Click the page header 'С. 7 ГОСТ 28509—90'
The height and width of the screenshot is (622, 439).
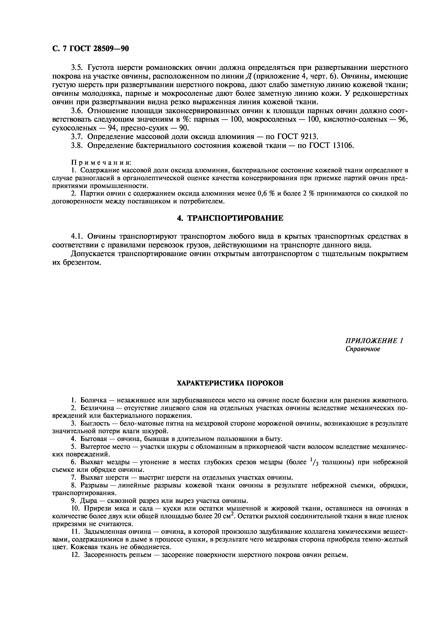[x=90, y=48]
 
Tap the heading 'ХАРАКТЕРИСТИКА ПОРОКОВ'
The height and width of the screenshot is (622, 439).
[x=230, y=383]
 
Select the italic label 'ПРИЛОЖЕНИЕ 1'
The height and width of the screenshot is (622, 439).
[x=374, y=341]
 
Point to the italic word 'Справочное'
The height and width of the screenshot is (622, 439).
[x=363, y=349]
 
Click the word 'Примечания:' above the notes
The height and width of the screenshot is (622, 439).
[x=101, y=162]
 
